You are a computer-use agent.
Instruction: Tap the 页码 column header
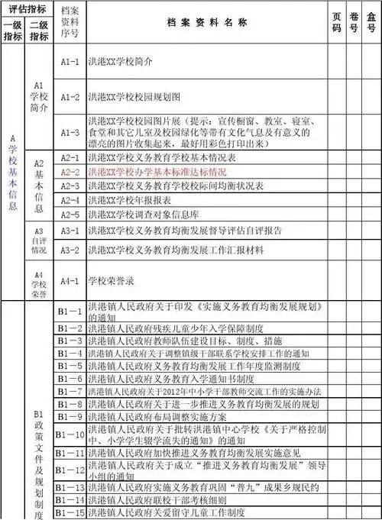pos(337,23)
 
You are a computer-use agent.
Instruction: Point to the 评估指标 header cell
pos(27,8)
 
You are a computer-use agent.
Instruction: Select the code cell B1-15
pos(70,512)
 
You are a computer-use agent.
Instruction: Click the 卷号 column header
pos(354,23)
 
